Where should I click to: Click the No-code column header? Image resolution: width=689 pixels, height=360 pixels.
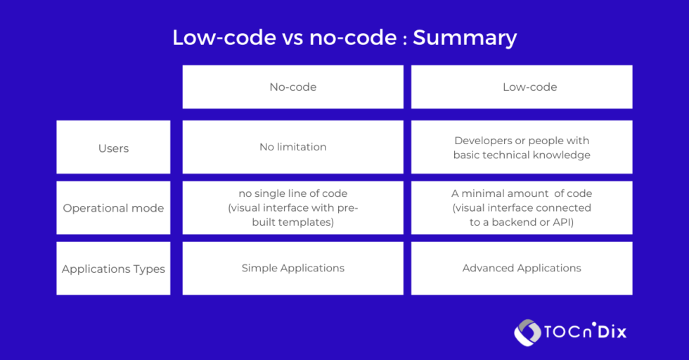tap(292, 87)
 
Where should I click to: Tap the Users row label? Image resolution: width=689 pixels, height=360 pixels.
tap(113, 148)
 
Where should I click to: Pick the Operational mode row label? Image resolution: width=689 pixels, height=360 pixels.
tap(113, 208)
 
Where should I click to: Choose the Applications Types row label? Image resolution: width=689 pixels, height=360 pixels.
tap(113, 269)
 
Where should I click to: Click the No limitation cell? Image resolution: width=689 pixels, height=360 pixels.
tap(292, 147)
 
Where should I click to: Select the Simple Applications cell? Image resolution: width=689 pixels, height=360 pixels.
tap(292, 268)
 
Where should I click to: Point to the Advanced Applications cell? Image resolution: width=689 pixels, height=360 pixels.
tap(522, 268)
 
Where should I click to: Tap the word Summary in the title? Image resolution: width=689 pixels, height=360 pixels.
tap(465, 37)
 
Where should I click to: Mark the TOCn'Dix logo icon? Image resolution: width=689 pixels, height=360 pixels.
tap(527, 332)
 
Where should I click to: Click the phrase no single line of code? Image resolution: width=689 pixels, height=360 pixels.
tap(292, 193)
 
